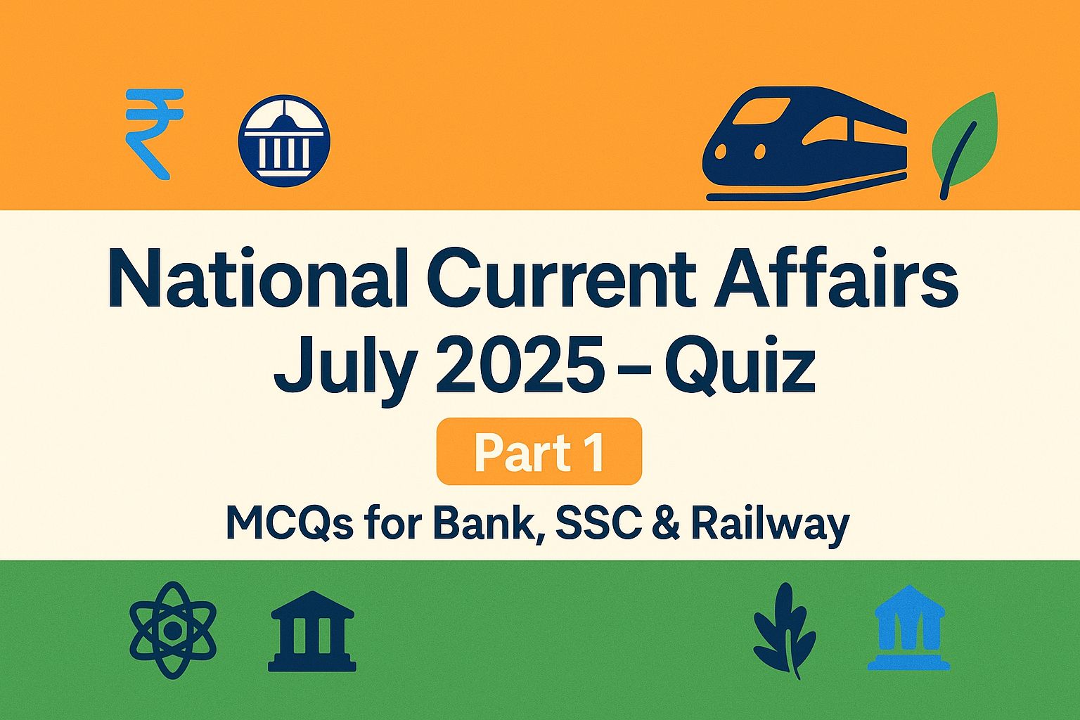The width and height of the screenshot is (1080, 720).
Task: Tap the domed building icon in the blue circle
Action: [284, 141]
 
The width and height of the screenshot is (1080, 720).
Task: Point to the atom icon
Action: [173, 630]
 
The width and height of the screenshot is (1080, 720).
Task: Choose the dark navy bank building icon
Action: [312, 631]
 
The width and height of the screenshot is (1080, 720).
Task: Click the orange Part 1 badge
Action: [539, 452]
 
